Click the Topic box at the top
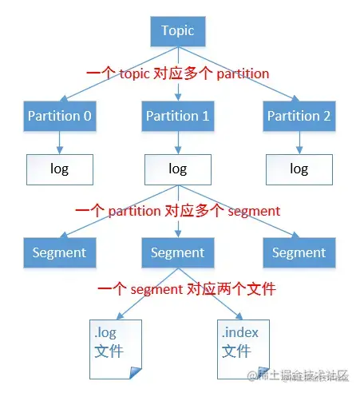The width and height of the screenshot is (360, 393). [177, 31]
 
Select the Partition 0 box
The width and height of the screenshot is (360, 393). [60, 117]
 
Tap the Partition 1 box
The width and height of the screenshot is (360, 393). [177, 117]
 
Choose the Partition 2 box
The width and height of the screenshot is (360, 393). [299, 117]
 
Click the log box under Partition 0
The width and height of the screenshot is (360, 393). [60, 169]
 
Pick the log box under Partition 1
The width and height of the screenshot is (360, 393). [177, 169]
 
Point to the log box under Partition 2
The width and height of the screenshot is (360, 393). [299, 169]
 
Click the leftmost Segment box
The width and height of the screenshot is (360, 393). [60, 252]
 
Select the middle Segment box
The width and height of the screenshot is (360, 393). [177, 252]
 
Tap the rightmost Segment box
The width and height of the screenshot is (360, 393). [299, 252]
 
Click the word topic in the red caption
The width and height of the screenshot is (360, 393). [139, 73]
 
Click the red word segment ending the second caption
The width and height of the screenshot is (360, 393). [254, 212]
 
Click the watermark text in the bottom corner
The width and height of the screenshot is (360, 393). [303, 375]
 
